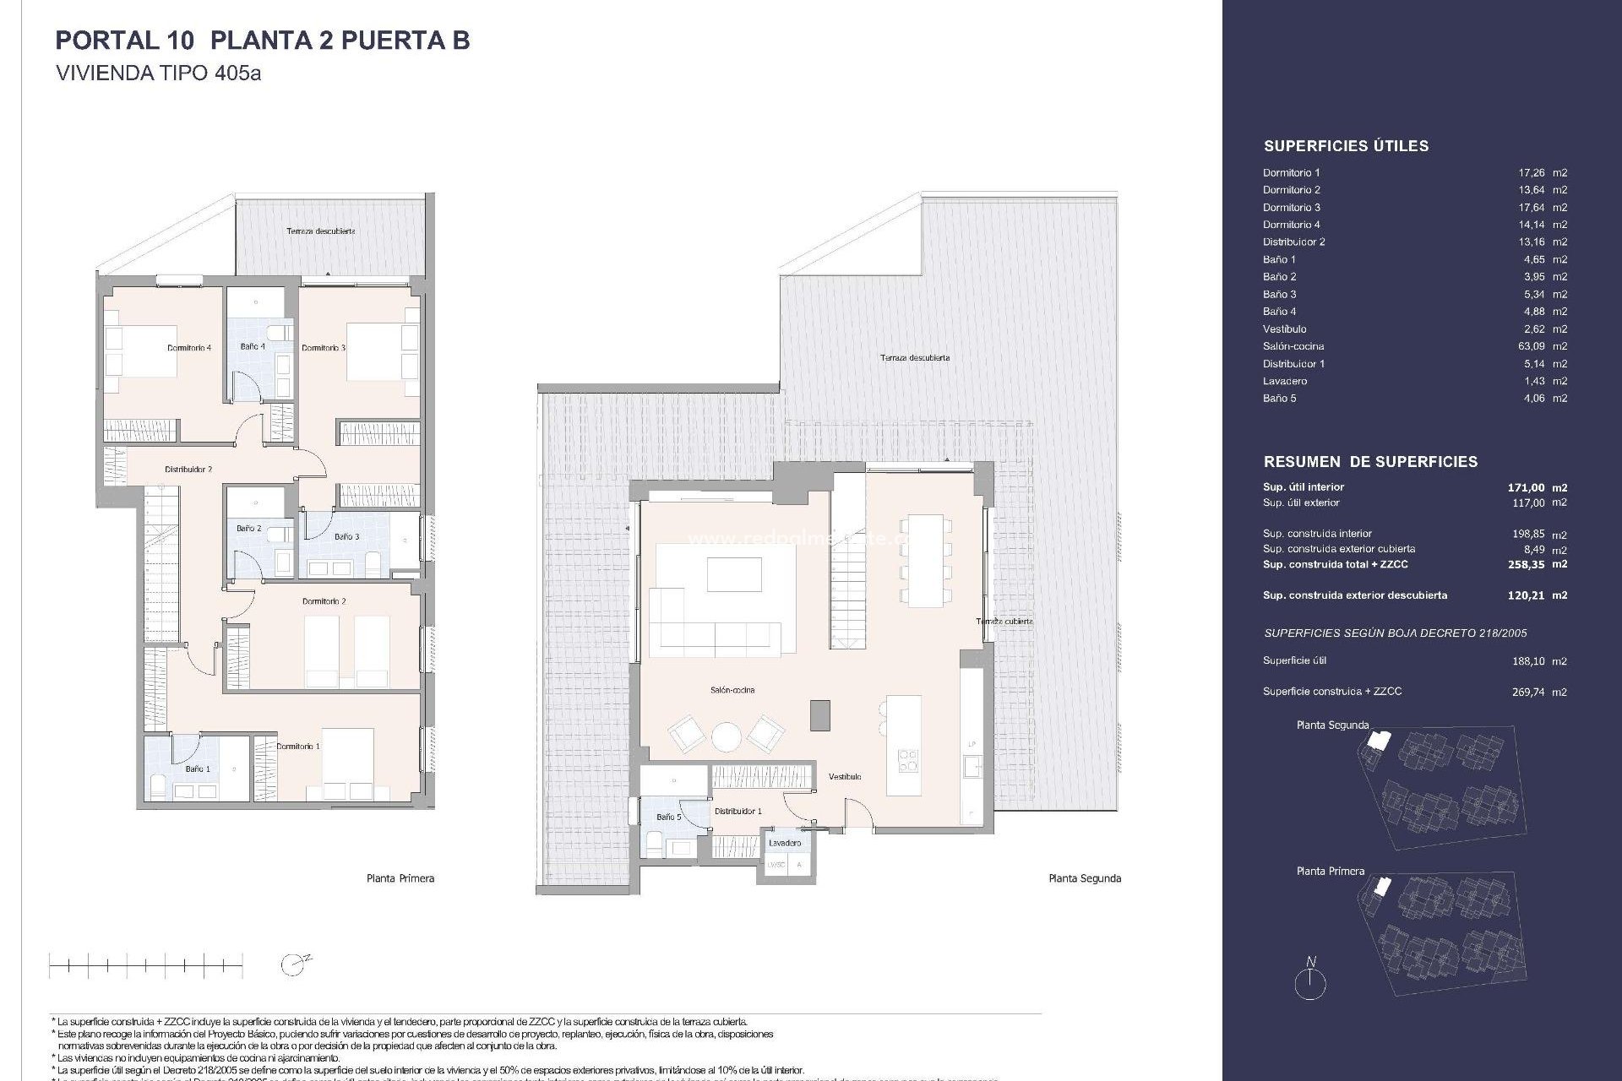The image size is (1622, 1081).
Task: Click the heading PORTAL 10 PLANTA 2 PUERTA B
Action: pos(262,41)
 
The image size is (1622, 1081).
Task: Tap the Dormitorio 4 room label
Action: pos(188,348)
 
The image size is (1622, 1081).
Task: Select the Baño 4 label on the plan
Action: pos(252,346)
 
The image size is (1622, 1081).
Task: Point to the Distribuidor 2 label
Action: pos(188,470)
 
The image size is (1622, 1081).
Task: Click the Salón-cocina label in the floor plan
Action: pos(732,690)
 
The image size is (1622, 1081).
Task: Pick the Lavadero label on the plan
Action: pos(785,843)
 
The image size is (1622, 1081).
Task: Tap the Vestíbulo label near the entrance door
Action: pos(844,777)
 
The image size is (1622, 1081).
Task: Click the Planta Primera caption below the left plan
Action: pos(400,878)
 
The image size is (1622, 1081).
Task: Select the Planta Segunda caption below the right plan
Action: pos(1084,878)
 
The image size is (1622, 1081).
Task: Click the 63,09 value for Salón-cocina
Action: pos(1531,346)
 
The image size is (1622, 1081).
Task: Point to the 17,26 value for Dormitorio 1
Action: pos(1531,172)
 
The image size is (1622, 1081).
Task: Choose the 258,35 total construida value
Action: pos(1526,564)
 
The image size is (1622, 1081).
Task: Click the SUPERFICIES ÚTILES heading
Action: pos(1346,146)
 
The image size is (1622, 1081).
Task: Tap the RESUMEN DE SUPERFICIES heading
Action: pos(1370,462)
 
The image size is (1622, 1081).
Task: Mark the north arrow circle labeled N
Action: pos(1310,983)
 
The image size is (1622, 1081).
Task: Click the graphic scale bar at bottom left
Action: pos(145,964)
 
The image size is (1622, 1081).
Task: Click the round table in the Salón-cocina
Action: pos(726,736)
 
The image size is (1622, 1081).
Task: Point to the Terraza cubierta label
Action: pos(1004,622)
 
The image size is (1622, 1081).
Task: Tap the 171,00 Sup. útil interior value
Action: pos(1526,487)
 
